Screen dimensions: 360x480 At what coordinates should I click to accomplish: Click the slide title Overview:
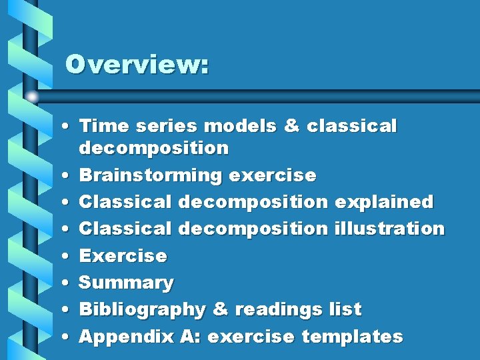click(x=137, y=65)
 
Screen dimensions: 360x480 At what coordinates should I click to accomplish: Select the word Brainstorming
click(x=150, y=175)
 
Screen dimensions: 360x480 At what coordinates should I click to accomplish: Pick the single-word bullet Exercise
click(x=123, y=255)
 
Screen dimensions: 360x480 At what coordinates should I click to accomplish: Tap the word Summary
click(x=126, y=283)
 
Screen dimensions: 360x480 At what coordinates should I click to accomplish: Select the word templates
click(x=352, y=336)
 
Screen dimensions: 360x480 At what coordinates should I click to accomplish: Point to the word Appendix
click(x=127, y=337)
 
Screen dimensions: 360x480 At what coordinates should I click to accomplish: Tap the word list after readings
click(x=345, y=309)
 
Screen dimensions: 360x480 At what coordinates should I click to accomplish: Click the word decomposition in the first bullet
click(x=153, y=147)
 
